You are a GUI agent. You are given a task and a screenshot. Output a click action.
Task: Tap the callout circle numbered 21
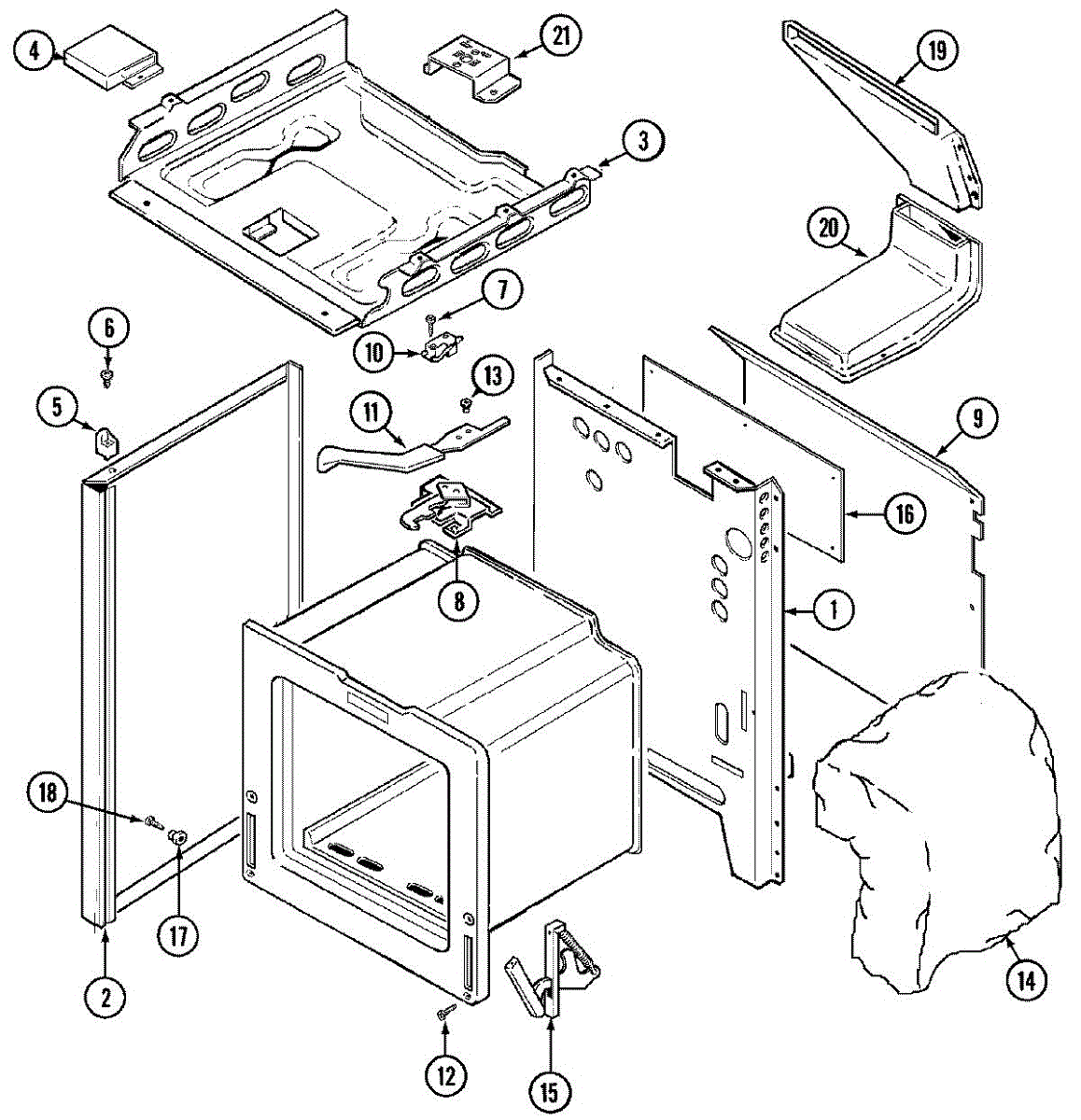(x=561, y=36)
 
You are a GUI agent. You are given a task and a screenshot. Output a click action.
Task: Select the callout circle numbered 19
(x=936, y=50)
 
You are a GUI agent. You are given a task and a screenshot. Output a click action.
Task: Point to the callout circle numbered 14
(x=1025, y=980)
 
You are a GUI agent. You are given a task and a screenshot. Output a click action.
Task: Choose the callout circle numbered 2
(x=105, y=998)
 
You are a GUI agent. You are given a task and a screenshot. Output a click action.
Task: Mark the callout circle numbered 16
(x=904, y=513)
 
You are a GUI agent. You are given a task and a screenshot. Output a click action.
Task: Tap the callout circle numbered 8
(x=459, y=600)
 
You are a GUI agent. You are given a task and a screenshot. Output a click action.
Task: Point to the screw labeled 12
(x=445, y=1012)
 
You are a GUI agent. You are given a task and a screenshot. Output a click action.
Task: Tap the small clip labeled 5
(x=107, y=439)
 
